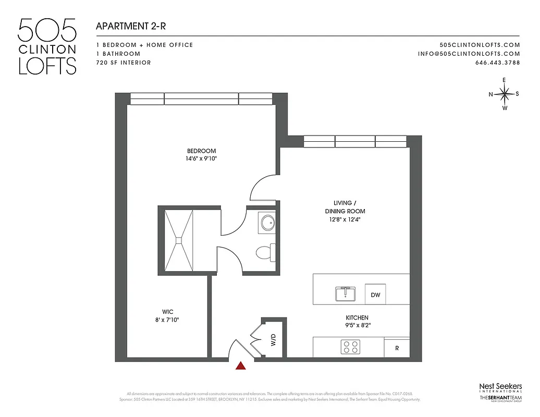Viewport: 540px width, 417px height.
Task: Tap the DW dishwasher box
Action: (375, 295)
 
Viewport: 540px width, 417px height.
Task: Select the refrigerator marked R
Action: (397, 348)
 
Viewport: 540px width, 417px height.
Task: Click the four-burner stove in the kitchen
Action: (351, 347)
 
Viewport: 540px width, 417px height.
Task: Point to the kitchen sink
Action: (345, 294)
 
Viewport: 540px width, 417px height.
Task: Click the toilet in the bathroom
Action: (265, 252)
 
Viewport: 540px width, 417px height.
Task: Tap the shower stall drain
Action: (179, 240)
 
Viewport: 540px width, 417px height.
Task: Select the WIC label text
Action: (167, 312)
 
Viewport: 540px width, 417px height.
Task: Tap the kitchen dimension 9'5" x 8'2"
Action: (357, 326)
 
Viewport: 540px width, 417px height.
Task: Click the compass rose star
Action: (504, 94)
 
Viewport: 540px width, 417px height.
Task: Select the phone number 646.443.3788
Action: (497, 63)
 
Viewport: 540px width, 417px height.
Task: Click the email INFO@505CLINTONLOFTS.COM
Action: (469, 54)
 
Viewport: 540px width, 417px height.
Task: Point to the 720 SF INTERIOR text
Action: (124, 63)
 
